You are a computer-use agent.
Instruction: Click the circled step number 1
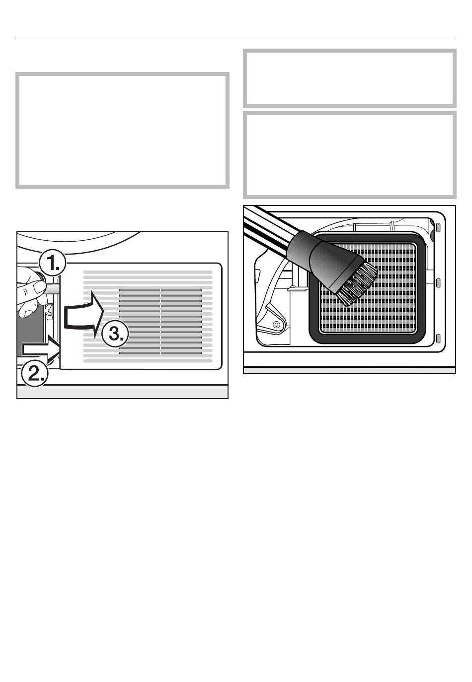[x=52, y=264]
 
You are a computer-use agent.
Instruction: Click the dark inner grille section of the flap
[x=160, y=322]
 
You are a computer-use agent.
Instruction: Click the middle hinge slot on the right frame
[x=439, y=283]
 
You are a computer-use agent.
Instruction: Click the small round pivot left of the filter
[x=276, y=324]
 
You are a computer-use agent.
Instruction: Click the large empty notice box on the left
[x=122, y=131]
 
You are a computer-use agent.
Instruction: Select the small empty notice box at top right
[x=349, y=78]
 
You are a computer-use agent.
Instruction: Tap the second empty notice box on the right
[x=349, y=155]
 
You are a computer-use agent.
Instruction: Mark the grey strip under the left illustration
[x=122, y=392]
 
